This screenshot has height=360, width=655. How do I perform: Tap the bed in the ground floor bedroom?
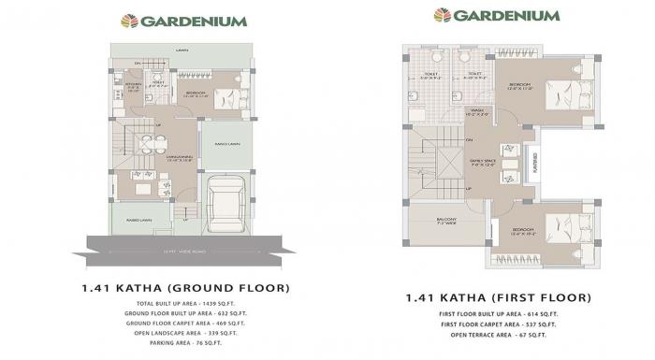click(x=225, y=97)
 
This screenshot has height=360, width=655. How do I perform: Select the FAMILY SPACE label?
click(x=483, y=162)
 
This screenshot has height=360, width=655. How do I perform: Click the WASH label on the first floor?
click(x=477, y=110)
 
